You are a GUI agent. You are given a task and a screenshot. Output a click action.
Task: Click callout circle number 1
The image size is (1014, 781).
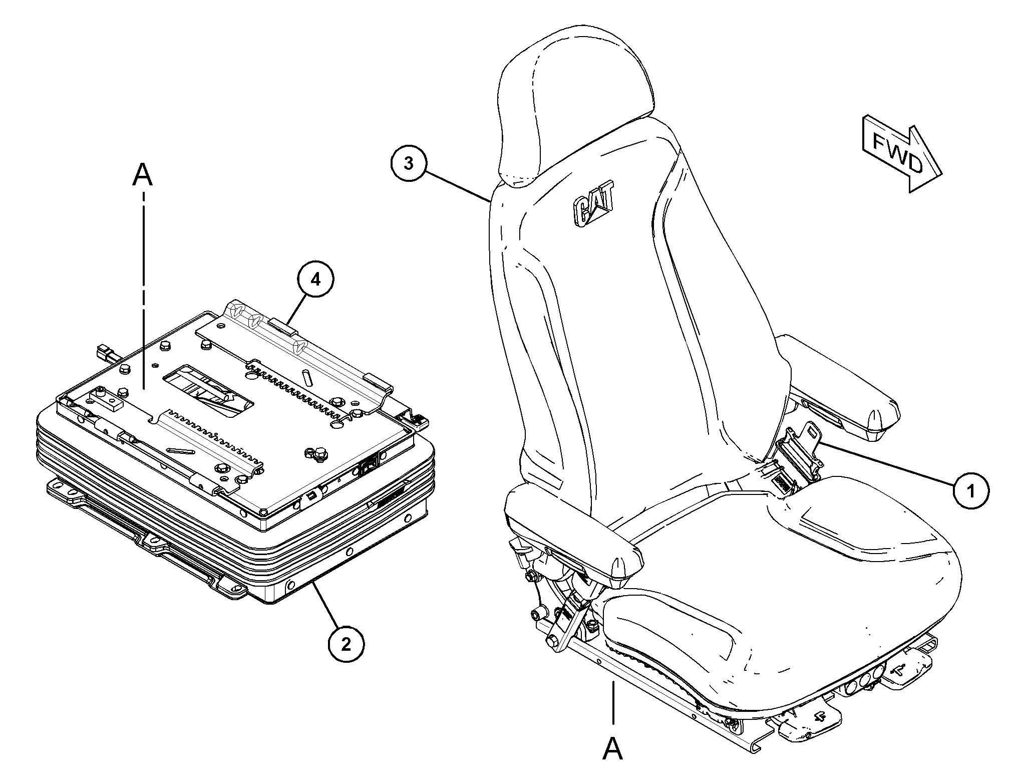click(x=971, y=491)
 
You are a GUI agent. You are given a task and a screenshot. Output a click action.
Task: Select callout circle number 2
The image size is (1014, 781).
click(x=346, y=644)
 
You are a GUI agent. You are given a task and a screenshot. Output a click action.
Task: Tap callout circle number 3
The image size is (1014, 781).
click(x=409, y=163)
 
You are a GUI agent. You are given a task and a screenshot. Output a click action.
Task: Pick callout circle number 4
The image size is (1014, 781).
click(x=315, y=280)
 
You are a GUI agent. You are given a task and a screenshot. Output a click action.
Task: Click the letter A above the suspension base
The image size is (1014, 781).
click(x=143, y=175)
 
